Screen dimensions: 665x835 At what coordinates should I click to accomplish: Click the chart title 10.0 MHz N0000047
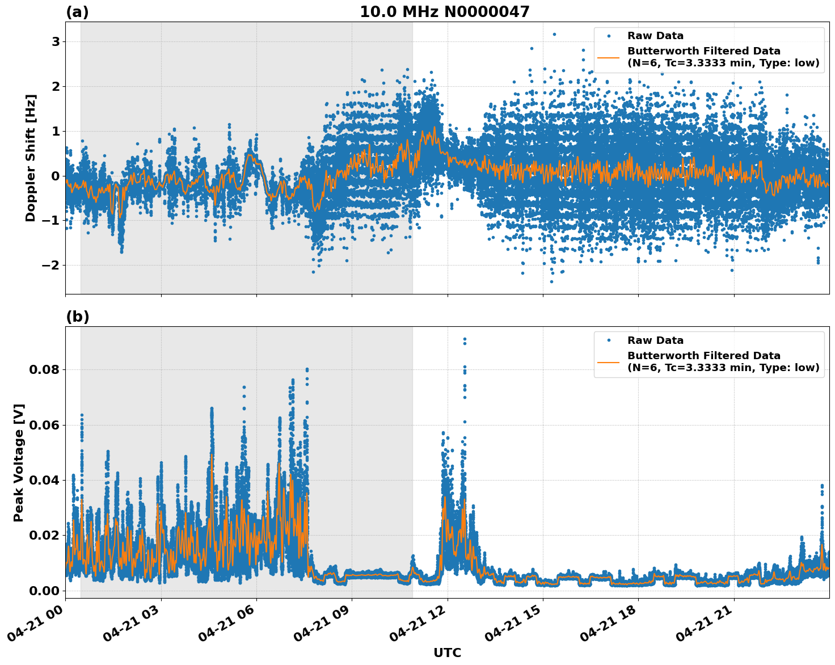(x=444, y=12)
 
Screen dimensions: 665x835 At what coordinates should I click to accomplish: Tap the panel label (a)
(x=77, y=12)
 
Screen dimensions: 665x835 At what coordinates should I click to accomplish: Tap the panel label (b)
(x=77, y=317)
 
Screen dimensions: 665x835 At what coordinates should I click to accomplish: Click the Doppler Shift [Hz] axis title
(x=31, y=158)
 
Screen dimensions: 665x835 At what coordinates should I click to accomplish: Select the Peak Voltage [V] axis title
(x=19, y=462)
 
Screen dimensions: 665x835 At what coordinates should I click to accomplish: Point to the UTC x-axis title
(x=447, y=653)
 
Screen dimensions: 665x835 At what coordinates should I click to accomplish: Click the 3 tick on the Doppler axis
(x=56, y=42)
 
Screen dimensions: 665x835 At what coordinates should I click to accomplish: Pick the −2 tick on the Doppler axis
(x=52, y=266)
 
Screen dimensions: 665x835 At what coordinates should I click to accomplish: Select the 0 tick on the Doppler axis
(x=56, y=176)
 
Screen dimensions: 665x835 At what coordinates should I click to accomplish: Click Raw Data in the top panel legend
(x=655, y=36)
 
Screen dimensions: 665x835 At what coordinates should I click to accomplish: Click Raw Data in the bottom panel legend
(x=655, y=340)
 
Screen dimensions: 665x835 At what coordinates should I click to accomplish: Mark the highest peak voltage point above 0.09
(x=465, y=339)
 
